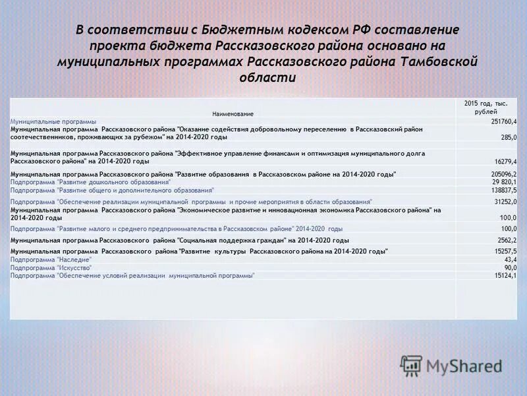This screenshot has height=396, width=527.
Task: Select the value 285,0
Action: click(508, 137)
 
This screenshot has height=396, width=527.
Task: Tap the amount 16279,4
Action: click(505, 161)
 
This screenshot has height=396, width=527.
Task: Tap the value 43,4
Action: click(509, 260)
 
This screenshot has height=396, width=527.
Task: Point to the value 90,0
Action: click(510, 268)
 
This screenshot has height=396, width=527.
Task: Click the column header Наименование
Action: click(233, 114)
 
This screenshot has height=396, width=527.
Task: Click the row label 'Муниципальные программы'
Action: click(53, 122)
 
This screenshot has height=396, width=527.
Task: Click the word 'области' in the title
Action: click(268, 77)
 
